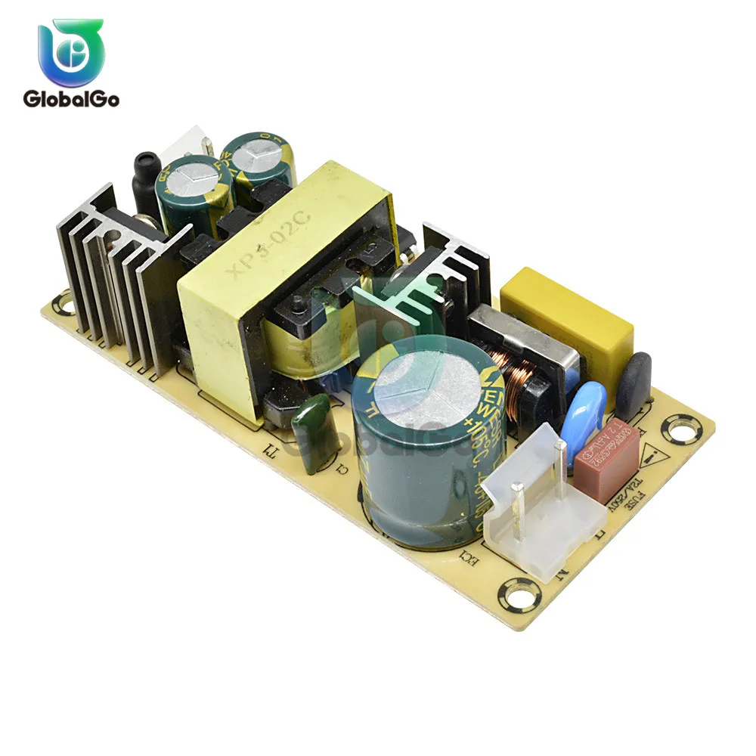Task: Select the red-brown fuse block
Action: [x=606, y=458]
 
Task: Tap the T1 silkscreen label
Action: [x=268, y=453]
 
